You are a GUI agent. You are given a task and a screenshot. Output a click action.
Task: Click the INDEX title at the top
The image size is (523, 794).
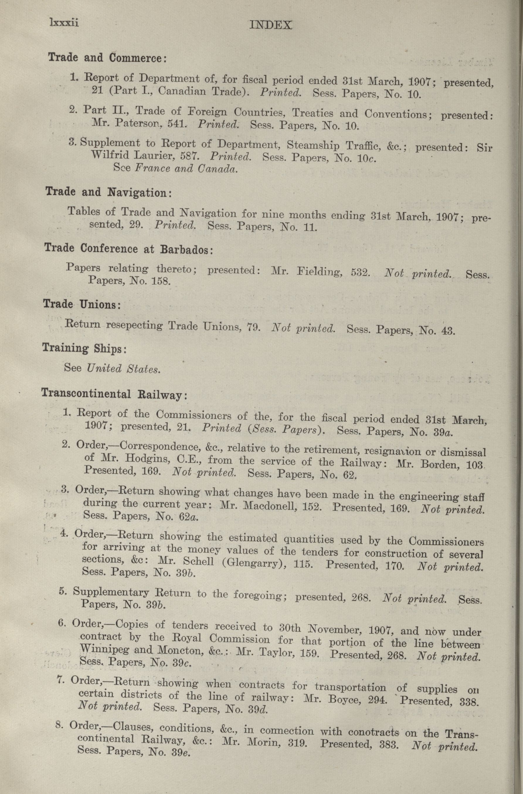pyautogui.click(x=271, y=25)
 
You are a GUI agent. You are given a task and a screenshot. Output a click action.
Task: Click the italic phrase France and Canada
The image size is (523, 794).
pyautogui.click(x=186, y=168)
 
